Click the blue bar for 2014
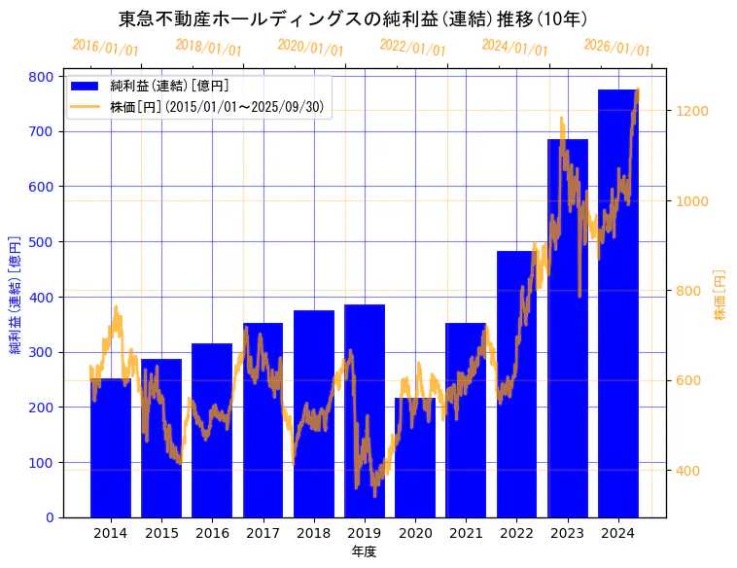coord(111,447)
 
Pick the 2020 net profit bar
coord(415,457)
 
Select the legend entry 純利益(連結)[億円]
coord(169,87)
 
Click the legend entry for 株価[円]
coord(215,107)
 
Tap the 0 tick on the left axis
coord(49,517)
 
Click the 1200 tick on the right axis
coord(694,111)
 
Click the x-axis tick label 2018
coord(314,533)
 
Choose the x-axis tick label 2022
coord(516,533)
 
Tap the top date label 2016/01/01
coord(105,47)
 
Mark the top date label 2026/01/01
coord(616,47)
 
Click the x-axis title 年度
coord(364,551)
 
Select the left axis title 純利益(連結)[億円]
coord(16,295)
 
